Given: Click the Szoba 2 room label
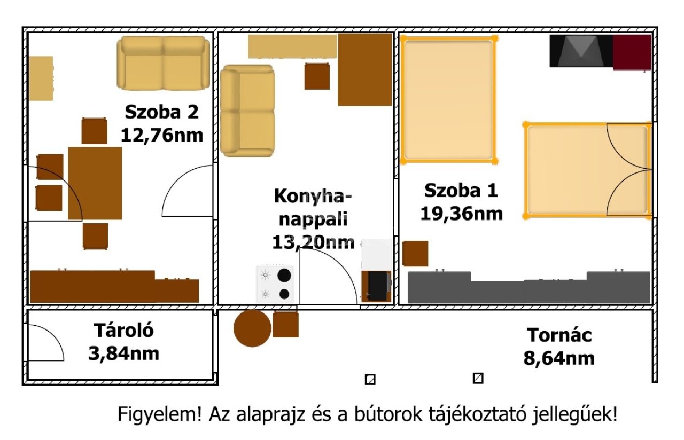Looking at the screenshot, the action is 161,112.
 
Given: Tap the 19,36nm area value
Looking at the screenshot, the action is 461,214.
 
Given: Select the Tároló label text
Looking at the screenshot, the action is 123,330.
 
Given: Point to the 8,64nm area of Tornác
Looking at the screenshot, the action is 559,358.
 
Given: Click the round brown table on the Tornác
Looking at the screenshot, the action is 252,328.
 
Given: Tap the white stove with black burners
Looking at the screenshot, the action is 275,285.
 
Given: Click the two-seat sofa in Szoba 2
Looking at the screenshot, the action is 164,63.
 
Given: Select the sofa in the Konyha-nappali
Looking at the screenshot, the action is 247,111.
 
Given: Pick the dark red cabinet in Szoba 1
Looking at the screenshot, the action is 632,52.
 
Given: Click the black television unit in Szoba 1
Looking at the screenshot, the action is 581,51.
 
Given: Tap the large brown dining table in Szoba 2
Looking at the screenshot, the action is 95,183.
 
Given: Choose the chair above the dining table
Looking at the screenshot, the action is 95,131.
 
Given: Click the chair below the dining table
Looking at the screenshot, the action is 95,237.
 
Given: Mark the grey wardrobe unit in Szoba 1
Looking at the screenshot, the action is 529,287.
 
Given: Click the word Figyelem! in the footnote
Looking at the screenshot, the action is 160,414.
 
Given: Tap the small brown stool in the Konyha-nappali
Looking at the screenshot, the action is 317,76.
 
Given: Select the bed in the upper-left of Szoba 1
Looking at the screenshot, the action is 449,100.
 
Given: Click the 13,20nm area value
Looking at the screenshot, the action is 313,243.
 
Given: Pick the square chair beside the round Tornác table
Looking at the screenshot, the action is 285,324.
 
